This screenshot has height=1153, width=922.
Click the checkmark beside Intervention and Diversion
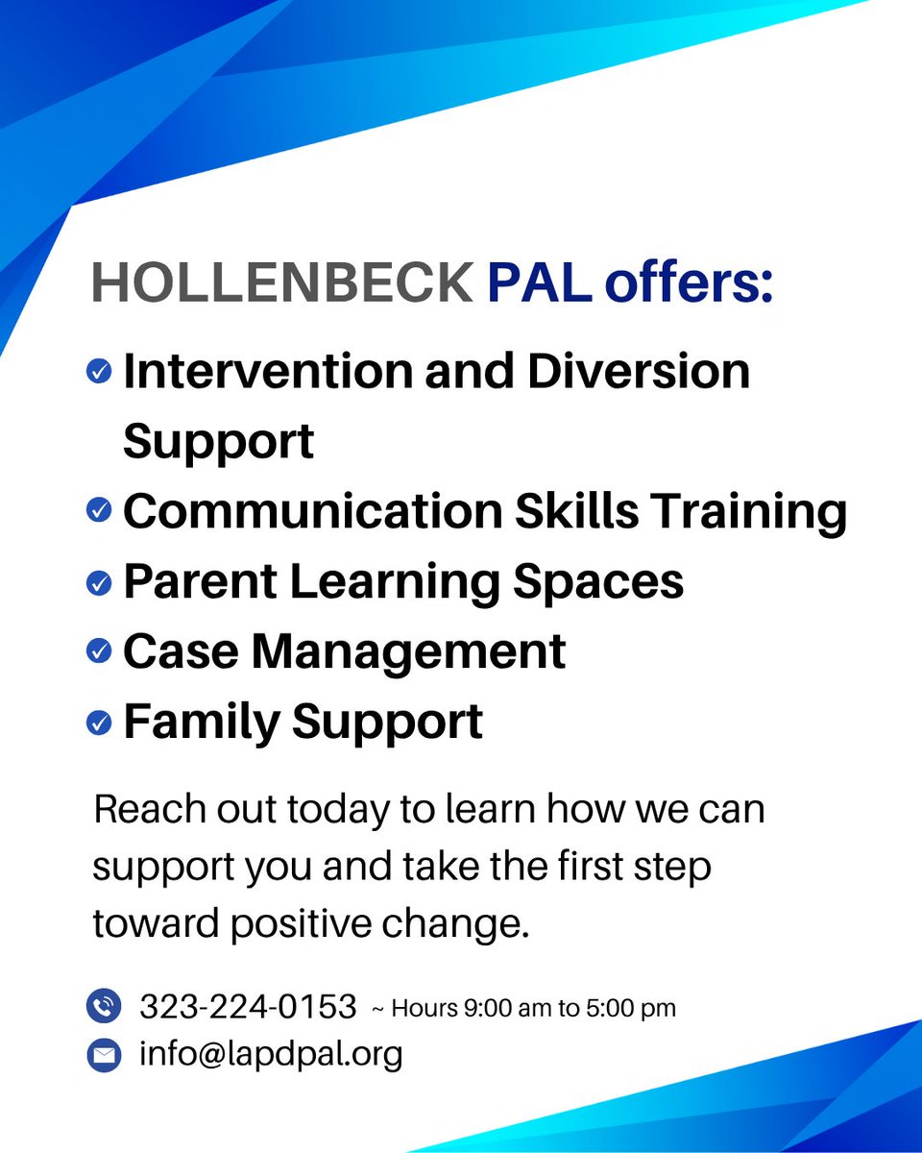[x=99, y=371]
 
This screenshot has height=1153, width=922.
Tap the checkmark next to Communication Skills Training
[x=99, y=511]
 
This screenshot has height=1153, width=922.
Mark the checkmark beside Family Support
[x=99, y=723]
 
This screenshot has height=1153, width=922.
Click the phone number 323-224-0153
[x=248, y=1007]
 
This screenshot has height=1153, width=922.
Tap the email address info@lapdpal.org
[x=271, y=1054]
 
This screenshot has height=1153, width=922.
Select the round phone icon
[x=103, y=1006]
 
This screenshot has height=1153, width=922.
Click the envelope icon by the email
[x=103, y=1055]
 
